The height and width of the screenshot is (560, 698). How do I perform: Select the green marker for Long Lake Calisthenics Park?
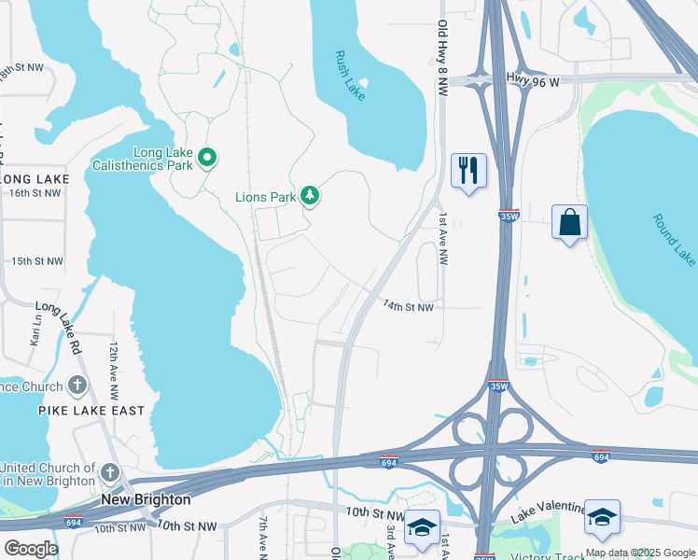tap(208, 159)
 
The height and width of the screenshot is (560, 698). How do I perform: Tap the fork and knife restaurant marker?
tap(468, 170)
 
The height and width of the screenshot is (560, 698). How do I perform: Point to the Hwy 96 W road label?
tap(532, 81)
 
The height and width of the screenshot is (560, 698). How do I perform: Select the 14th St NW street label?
tap(409, 306)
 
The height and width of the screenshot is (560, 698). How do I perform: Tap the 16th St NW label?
tap(35, 193)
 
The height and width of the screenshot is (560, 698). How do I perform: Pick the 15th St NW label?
tap(36, 261)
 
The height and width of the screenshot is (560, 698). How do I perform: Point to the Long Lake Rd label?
tap(60, 321)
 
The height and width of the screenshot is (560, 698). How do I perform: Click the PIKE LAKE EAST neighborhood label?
tap(91, 411)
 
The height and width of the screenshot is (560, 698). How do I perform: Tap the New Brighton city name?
tap(146, 500)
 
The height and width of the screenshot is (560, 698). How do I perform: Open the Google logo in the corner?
tap(31, 549)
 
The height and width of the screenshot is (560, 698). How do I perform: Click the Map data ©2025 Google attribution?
tap(640, 553)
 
